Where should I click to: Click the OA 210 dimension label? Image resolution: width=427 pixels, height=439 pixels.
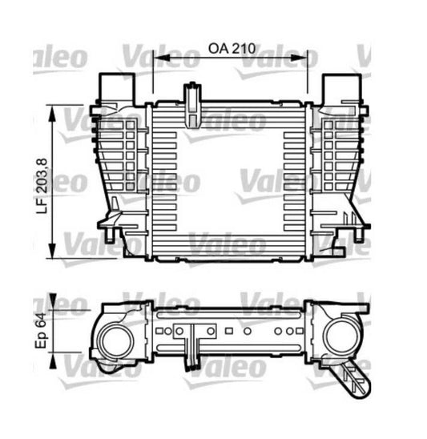coord(231,47)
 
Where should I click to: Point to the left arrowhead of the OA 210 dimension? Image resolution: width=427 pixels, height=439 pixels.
coord(157,59)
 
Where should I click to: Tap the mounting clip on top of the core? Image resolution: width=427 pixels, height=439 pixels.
coord(192,103)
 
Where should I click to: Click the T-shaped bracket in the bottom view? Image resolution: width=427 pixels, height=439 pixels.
coord(193,343)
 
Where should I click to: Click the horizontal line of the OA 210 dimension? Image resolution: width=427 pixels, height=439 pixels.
coord(231,59)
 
